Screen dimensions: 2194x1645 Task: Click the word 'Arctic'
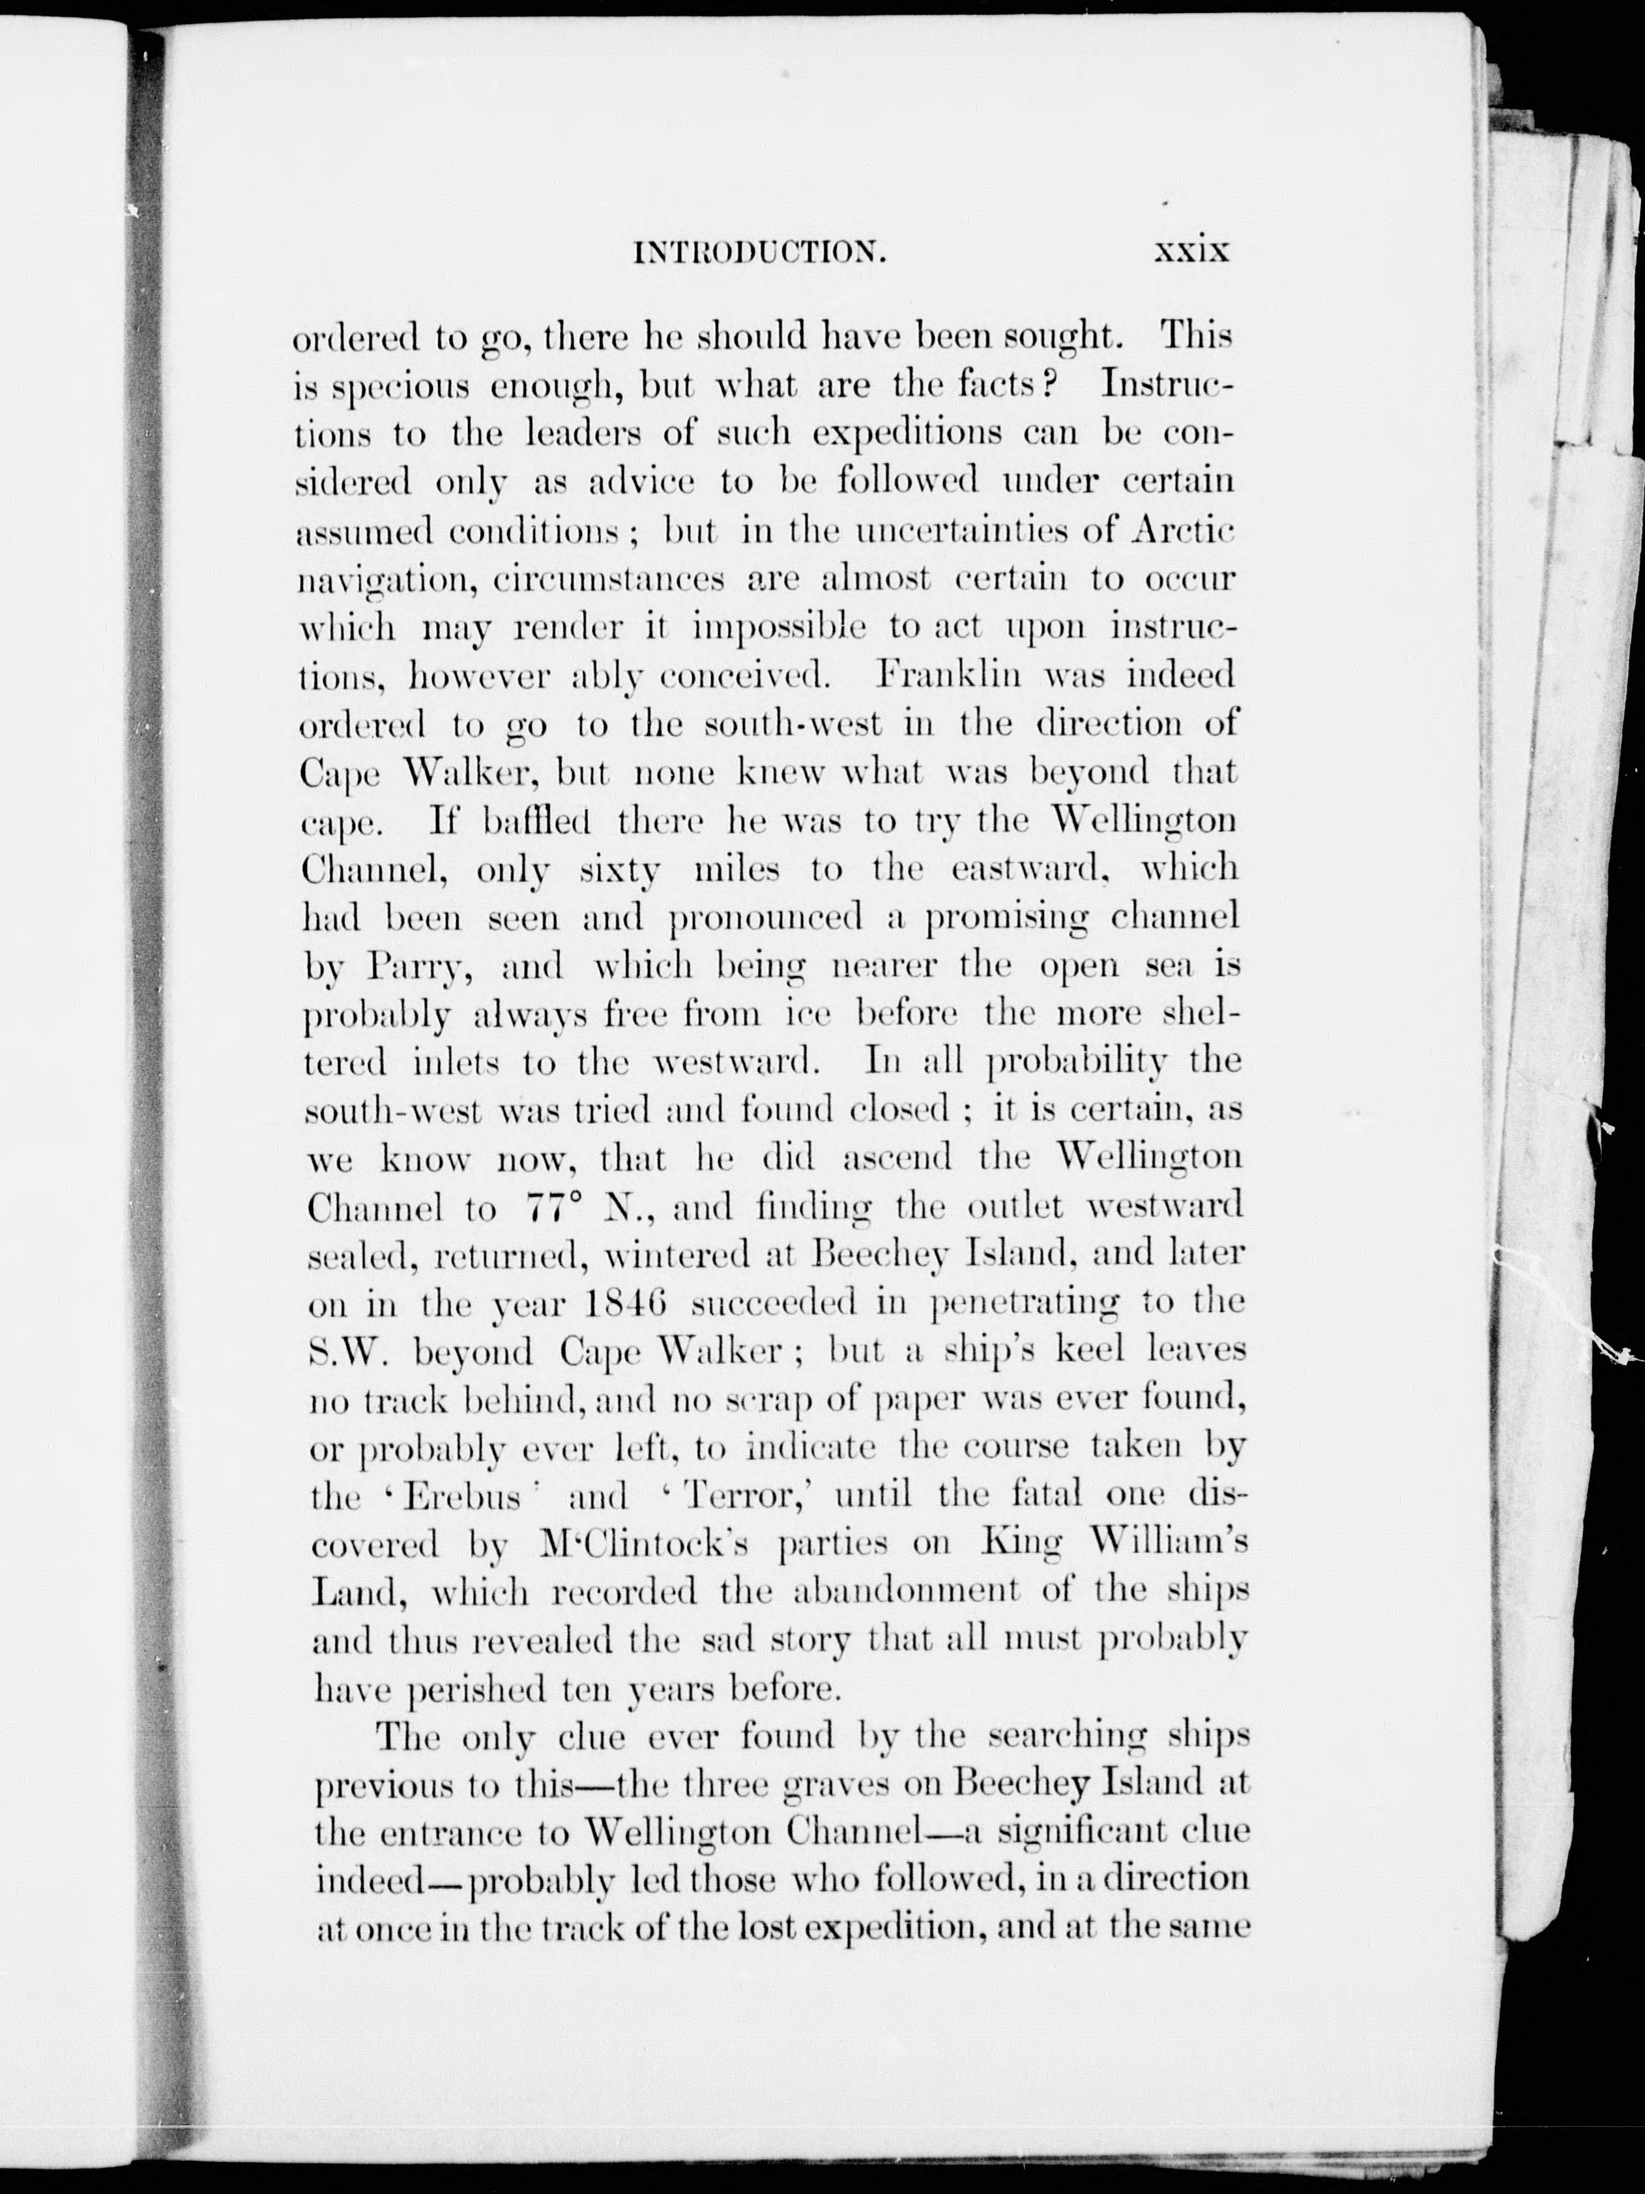click(x=1183, y=533)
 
